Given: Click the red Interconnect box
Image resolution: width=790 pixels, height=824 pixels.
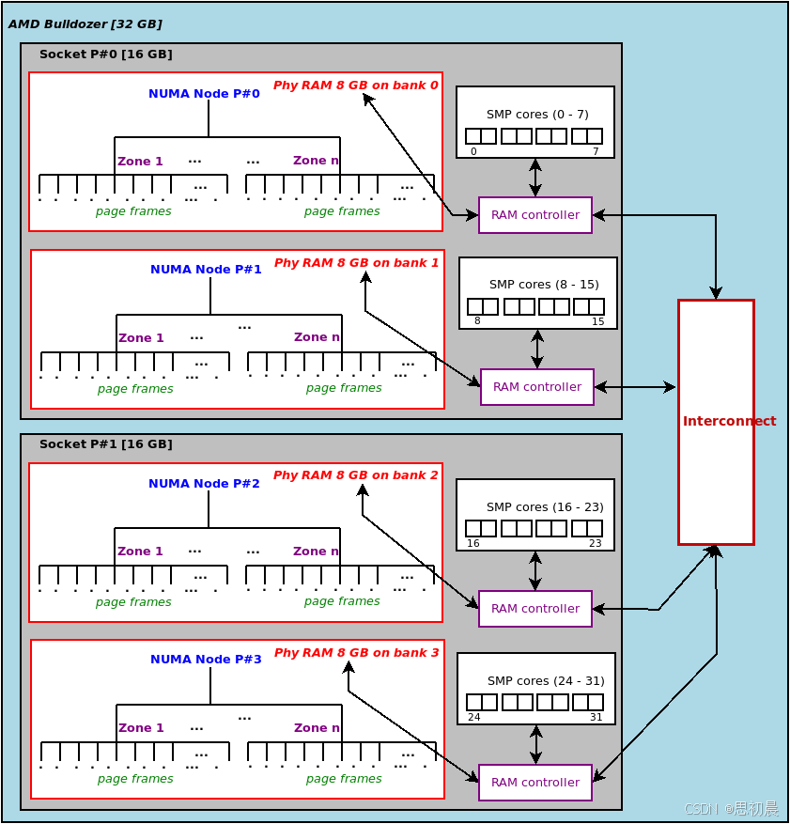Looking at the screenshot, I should tap(716, 421).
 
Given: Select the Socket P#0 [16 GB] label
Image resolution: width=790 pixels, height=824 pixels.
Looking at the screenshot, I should tap(105, 54).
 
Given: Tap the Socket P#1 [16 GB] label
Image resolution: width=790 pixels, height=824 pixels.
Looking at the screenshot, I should tap(105, 443).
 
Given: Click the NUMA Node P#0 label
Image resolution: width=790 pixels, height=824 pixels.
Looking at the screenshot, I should tap(204, 93).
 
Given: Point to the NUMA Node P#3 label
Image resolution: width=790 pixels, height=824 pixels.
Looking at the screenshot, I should tap(206, 659).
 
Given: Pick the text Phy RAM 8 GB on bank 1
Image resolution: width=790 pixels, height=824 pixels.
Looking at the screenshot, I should tap(356, 263).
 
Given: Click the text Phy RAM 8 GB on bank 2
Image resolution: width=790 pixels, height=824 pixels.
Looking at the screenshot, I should tap(355, 475).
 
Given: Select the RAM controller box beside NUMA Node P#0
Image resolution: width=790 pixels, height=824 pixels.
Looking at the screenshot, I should tap(535, 215).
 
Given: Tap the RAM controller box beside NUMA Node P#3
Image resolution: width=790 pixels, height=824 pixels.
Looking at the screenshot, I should tap(535, 783).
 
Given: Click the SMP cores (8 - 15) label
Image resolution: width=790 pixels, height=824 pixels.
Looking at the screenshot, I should tap(544, 284).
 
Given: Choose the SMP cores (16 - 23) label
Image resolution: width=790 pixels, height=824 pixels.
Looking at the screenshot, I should tap(545, 506).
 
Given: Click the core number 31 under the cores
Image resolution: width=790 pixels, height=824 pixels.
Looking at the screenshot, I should tap(596, 717).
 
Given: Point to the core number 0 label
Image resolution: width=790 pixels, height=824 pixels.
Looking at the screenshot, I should tap(473, 151).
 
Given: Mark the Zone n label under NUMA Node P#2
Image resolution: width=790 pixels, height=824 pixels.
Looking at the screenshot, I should tap(316, 552).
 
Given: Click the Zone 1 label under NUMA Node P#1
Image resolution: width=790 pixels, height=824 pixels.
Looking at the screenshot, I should tap(141, 338).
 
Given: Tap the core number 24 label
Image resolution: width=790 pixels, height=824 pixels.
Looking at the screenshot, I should tap(473, 717).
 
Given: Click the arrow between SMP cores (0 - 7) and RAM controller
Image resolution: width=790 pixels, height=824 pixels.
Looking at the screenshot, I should tap(535, 178).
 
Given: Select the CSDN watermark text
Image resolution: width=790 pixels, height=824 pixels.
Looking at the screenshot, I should tap(731, 808).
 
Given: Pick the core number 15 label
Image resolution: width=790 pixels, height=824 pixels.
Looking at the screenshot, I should tap(598, 321).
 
